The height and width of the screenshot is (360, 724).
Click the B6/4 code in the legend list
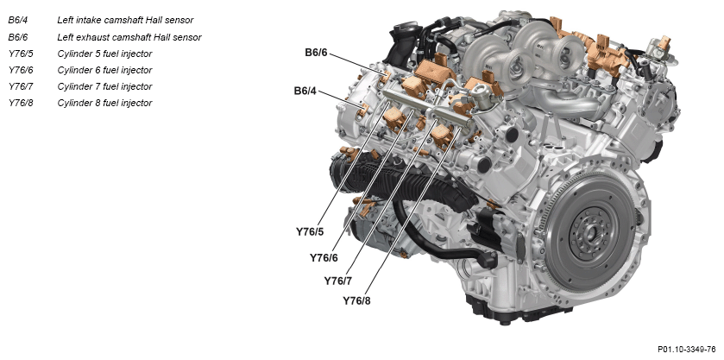point(17,21)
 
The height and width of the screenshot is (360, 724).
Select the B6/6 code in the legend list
point(17,37)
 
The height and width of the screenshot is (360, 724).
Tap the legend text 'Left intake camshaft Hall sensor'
point(125,21)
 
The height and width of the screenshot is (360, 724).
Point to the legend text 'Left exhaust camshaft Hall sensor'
point(129,37)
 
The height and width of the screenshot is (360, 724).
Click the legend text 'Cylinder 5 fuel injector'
point(104,54)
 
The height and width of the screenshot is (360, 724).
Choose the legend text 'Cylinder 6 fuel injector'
point(104,70)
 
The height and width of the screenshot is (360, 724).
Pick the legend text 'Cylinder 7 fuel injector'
point(104,86)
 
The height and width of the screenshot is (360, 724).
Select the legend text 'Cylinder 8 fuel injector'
point(104,103)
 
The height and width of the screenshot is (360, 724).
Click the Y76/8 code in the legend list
point(21,103)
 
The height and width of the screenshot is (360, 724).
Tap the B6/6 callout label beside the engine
point(316,53)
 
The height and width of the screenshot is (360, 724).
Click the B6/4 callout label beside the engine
point(305,91)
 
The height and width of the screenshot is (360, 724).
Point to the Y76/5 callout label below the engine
point(310,232)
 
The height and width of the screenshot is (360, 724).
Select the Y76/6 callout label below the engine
point(324,258)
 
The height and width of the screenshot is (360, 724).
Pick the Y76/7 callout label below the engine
point(338,281)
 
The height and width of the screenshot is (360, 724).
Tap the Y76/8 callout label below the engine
point(356,300)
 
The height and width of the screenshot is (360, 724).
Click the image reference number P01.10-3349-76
point(687,350)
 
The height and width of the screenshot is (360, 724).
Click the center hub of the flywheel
point(589,232)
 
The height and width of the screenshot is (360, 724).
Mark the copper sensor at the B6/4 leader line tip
point(364,110)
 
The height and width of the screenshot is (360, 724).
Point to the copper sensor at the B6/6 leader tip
point(384,77)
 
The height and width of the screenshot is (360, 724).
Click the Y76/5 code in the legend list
point(21,54)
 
